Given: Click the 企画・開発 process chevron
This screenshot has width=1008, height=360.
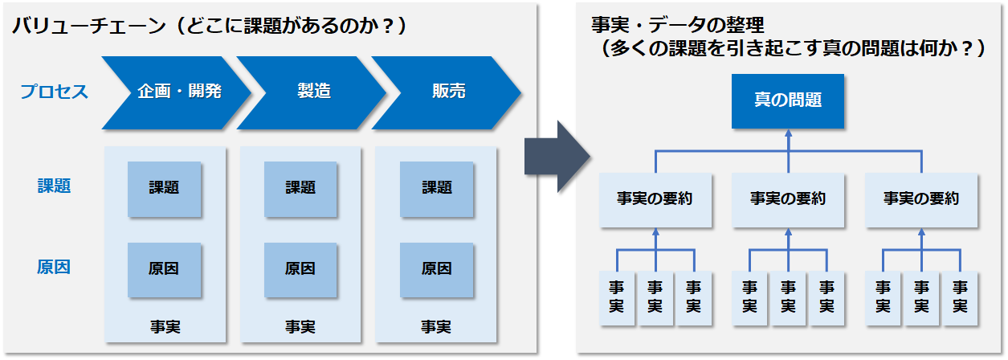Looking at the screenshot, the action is pyautogui.click(x=177, y=92).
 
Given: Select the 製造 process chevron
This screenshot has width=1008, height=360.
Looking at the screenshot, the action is pyautogui.click(x=312, y=92).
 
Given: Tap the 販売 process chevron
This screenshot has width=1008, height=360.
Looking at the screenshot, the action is pyautogui.click(x=447, y=92).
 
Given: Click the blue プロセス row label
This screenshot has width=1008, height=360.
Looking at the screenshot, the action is pyautogui.click(x=54, y=92).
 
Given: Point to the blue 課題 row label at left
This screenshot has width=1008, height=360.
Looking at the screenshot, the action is pyautogui.click(x=54, y=186).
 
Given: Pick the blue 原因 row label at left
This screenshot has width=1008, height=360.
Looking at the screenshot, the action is pyautogui.click(x=54, y=267).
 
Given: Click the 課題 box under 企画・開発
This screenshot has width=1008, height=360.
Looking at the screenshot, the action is pyautogui.click(x=164, y=189).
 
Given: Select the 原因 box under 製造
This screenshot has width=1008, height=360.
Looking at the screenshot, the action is pyautogui.click(x=300, y=270).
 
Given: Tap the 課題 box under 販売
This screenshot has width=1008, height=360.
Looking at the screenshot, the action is pyautogui.click(x=436, y=189).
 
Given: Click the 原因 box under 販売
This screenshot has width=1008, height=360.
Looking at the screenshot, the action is pyautogui.click(x=436, y=270).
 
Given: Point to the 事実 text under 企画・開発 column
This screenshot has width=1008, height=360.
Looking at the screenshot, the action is pyautogui.click(x=165, y=327).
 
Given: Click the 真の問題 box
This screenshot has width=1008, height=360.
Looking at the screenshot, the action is pyautogui.click(x=788, y=101).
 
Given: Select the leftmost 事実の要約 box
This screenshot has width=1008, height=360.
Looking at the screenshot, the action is pyautogui.click(x=655, y=200).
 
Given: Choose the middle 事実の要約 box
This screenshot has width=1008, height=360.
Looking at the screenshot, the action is pyautogui.click(x=788, y=200).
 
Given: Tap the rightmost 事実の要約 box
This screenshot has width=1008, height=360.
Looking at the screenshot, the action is pyautogui.click(x=921, y=200).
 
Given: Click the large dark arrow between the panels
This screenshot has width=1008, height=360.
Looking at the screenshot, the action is pyautogui.click(x=558, y=157).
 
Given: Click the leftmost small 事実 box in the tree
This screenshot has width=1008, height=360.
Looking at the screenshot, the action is pyautogui.click(x=617, y=298).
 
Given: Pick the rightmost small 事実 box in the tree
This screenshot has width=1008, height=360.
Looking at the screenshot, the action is pyautogui.click(x=960, y=298).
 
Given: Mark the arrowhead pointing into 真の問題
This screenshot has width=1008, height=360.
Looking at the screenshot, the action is pyautogui.click(x=789, y=133).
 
